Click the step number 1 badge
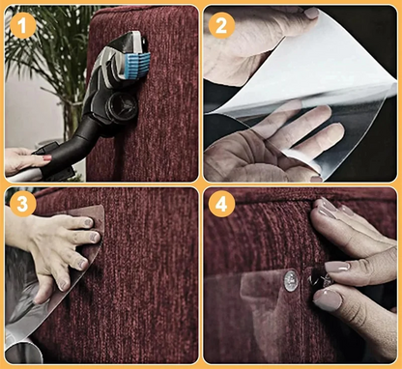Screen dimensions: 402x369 pos(23,25)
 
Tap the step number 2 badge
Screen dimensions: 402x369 pos(221,25)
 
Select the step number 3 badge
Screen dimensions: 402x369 pos(22,204)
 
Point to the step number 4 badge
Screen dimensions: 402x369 pos(221,204)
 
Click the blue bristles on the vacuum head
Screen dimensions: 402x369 pos(138,67)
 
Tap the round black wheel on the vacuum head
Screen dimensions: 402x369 pos(122,105)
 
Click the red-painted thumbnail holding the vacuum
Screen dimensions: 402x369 pos(46,157)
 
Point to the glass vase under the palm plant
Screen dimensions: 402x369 pos(73,118)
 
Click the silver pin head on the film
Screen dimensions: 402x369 pos(291,281)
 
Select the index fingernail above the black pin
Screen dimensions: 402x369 pos(336,267)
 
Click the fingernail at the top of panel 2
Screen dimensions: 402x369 pos(311,13)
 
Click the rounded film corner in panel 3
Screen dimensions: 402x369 pos(100,213)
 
